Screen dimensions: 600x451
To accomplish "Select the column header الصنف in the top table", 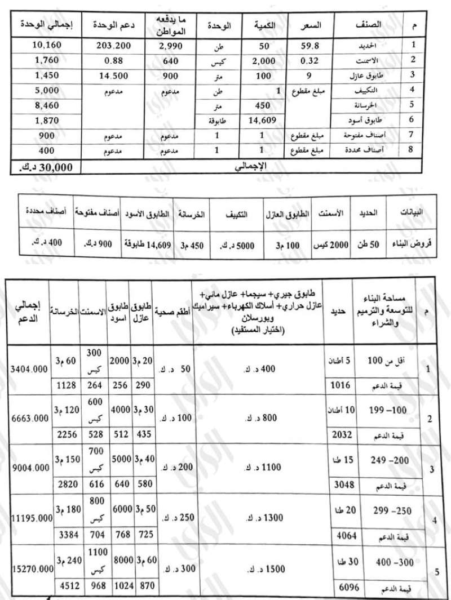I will click(x=369, y=25).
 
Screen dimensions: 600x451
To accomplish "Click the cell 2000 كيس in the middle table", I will click(x=330, y=245).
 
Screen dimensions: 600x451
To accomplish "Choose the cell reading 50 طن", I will click(x=370, y=245).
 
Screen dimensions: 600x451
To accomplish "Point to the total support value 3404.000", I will click(x=28, y=370).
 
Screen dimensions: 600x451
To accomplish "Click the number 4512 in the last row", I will click(x=64, y=587).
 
